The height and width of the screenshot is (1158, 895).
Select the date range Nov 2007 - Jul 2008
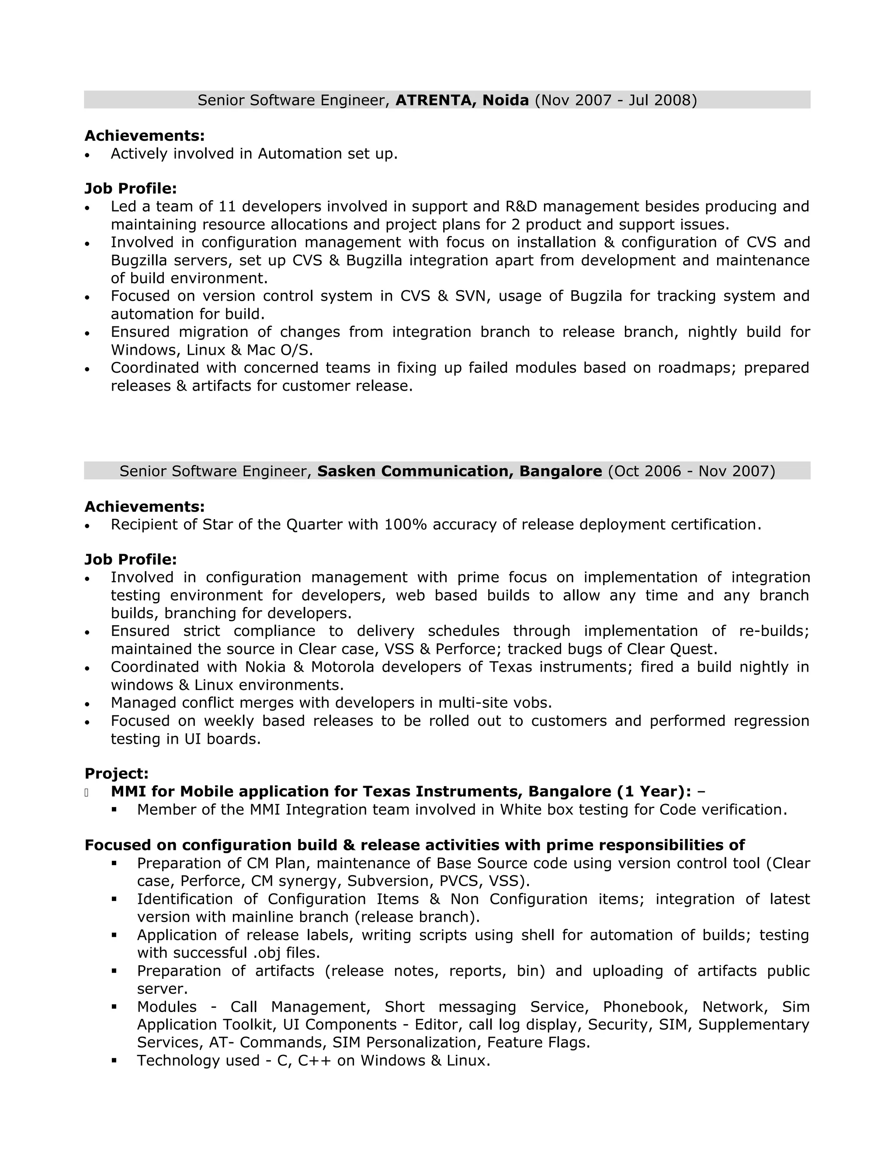(616, 100)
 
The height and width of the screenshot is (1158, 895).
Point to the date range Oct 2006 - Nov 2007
(691, 471)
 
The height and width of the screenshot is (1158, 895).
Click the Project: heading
(117, 773)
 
